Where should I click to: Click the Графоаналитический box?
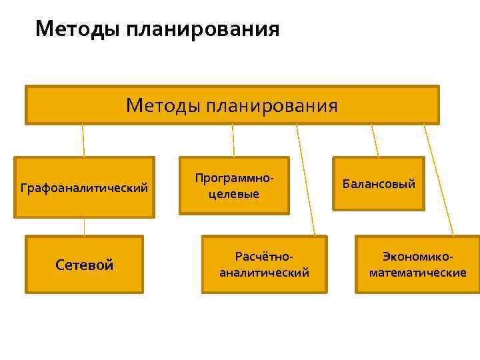tap(84, 187)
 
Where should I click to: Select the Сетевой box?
tap(84, 265)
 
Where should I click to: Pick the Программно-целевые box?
tap(234, 185)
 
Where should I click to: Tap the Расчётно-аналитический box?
tap(264, 265)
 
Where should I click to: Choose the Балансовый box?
tap(379, 183)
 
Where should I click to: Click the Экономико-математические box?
tap(418, 265)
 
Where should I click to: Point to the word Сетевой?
tap(84, 265)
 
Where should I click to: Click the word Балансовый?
tap(379, 183)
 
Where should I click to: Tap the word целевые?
tap(234, 194)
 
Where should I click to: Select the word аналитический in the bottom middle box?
tap(264, 273)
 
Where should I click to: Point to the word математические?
tap(418, 273)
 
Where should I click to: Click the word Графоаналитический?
tap(84, 188)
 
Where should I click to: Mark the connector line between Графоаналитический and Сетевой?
tap(84, 227)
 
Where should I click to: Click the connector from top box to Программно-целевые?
tap(233, 141)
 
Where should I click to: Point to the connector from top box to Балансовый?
tap(375, 141)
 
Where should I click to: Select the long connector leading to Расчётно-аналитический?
tap(306, 180)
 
